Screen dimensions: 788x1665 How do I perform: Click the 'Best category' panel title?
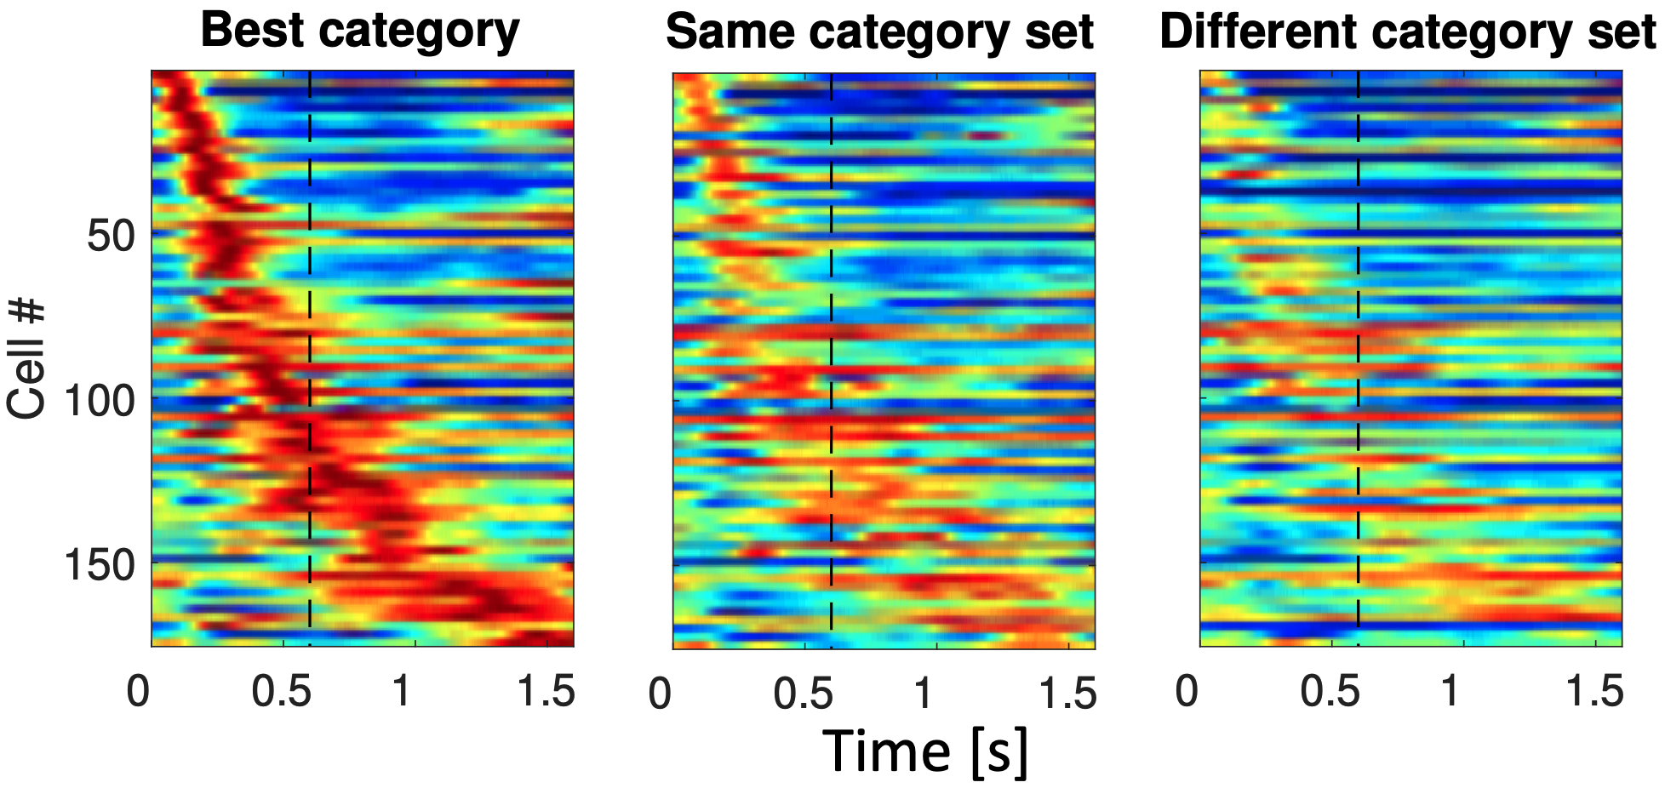point(359,31)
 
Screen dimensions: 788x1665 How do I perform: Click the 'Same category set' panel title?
point(879,32)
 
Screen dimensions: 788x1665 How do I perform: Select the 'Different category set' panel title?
point(1408,32)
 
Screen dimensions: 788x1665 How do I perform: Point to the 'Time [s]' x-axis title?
point(925,751)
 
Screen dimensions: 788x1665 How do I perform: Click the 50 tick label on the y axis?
point(112,235)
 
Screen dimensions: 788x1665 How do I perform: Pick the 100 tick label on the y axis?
point(100,399)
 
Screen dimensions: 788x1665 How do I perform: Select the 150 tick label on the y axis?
point(100,563)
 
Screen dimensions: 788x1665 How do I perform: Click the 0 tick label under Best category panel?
point(138,691)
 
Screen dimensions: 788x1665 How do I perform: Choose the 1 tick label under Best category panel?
point(402,691)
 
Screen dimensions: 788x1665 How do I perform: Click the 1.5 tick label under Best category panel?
point(546,691)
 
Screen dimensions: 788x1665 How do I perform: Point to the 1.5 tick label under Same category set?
point(1068,693)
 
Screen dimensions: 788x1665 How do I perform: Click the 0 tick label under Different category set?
point(1187,691)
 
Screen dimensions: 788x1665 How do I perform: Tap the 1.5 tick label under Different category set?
point(1595,691)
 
